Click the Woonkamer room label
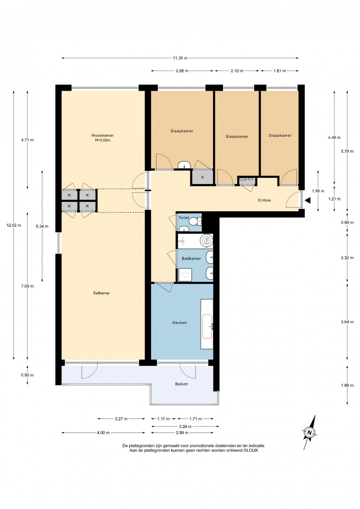pos(102,135)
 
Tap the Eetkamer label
pos(101,293)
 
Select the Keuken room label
pos(179,322)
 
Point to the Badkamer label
pos(191,258)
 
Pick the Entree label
pos(264,200)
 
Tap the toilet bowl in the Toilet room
pos(194,221)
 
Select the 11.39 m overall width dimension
pos(180,58)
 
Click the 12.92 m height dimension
pos(13,225)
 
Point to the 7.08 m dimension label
pos(27,286)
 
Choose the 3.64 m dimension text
pos(347,322)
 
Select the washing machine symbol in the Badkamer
pos(185,275)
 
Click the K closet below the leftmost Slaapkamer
pos(202,177)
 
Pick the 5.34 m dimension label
pos(42,226)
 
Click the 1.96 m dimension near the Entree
pos(318,191)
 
